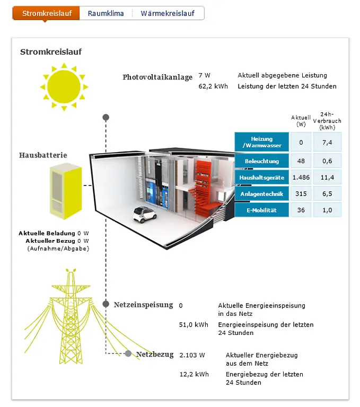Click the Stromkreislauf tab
pos(46,13)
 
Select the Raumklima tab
pos(106,13)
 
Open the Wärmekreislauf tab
pos(168,13)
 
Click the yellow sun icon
pos(64,87)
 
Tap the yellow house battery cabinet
pos(66,191)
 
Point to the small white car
pos(144,214)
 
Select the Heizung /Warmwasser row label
pos(262,142)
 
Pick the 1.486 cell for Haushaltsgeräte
pos(301,178)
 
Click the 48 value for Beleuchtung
pos(301,161)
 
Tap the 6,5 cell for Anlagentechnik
pos(327,193)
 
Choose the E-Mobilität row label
pos(262,210)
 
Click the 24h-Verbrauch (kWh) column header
pos(327,121)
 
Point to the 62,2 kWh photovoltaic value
pos(213,86)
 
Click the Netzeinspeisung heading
pos(143,305)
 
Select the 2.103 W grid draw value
pos(192,355)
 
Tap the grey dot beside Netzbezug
pos(128,353)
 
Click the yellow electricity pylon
pos(71,316)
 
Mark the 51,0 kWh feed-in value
pos(194,325)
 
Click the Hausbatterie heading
pos(43,155)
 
